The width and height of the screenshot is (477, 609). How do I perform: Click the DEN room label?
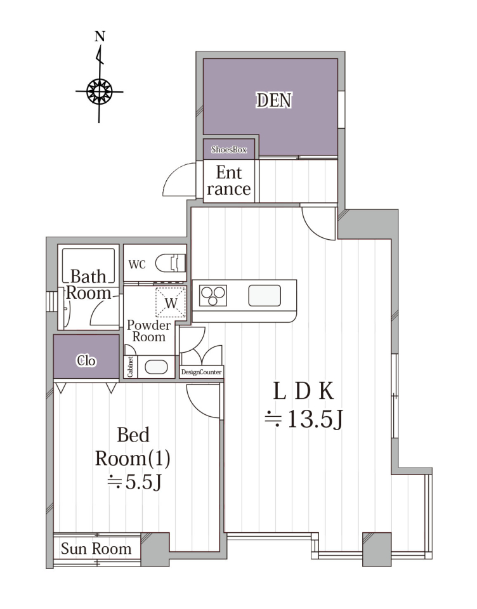[x=274, y=100]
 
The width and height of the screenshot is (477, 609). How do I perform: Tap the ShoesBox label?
[x=229, y=150]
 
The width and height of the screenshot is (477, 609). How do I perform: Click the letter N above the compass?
[x=100, y=37]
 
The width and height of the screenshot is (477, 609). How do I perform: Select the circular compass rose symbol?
[x=100, y=91]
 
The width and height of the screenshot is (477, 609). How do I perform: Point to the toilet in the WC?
[x=171, y=263]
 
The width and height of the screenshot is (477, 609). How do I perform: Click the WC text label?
[x=137, y=265]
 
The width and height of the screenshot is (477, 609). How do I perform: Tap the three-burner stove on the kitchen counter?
[x=213, y=296]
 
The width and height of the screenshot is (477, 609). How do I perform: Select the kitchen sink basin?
[x=265, y=296]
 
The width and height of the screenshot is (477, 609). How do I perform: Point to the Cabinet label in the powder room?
[x=131, y=367]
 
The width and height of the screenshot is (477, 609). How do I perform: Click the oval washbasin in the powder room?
[x=156, y=367]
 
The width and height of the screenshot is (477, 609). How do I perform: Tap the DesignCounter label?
[x=201, y=372]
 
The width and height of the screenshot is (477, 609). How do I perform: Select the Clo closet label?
[x=86, y=361]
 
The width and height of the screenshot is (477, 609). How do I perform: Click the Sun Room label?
[x=96, y=548]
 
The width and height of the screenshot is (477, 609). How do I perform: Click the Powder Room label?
[x=149, y=331]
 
